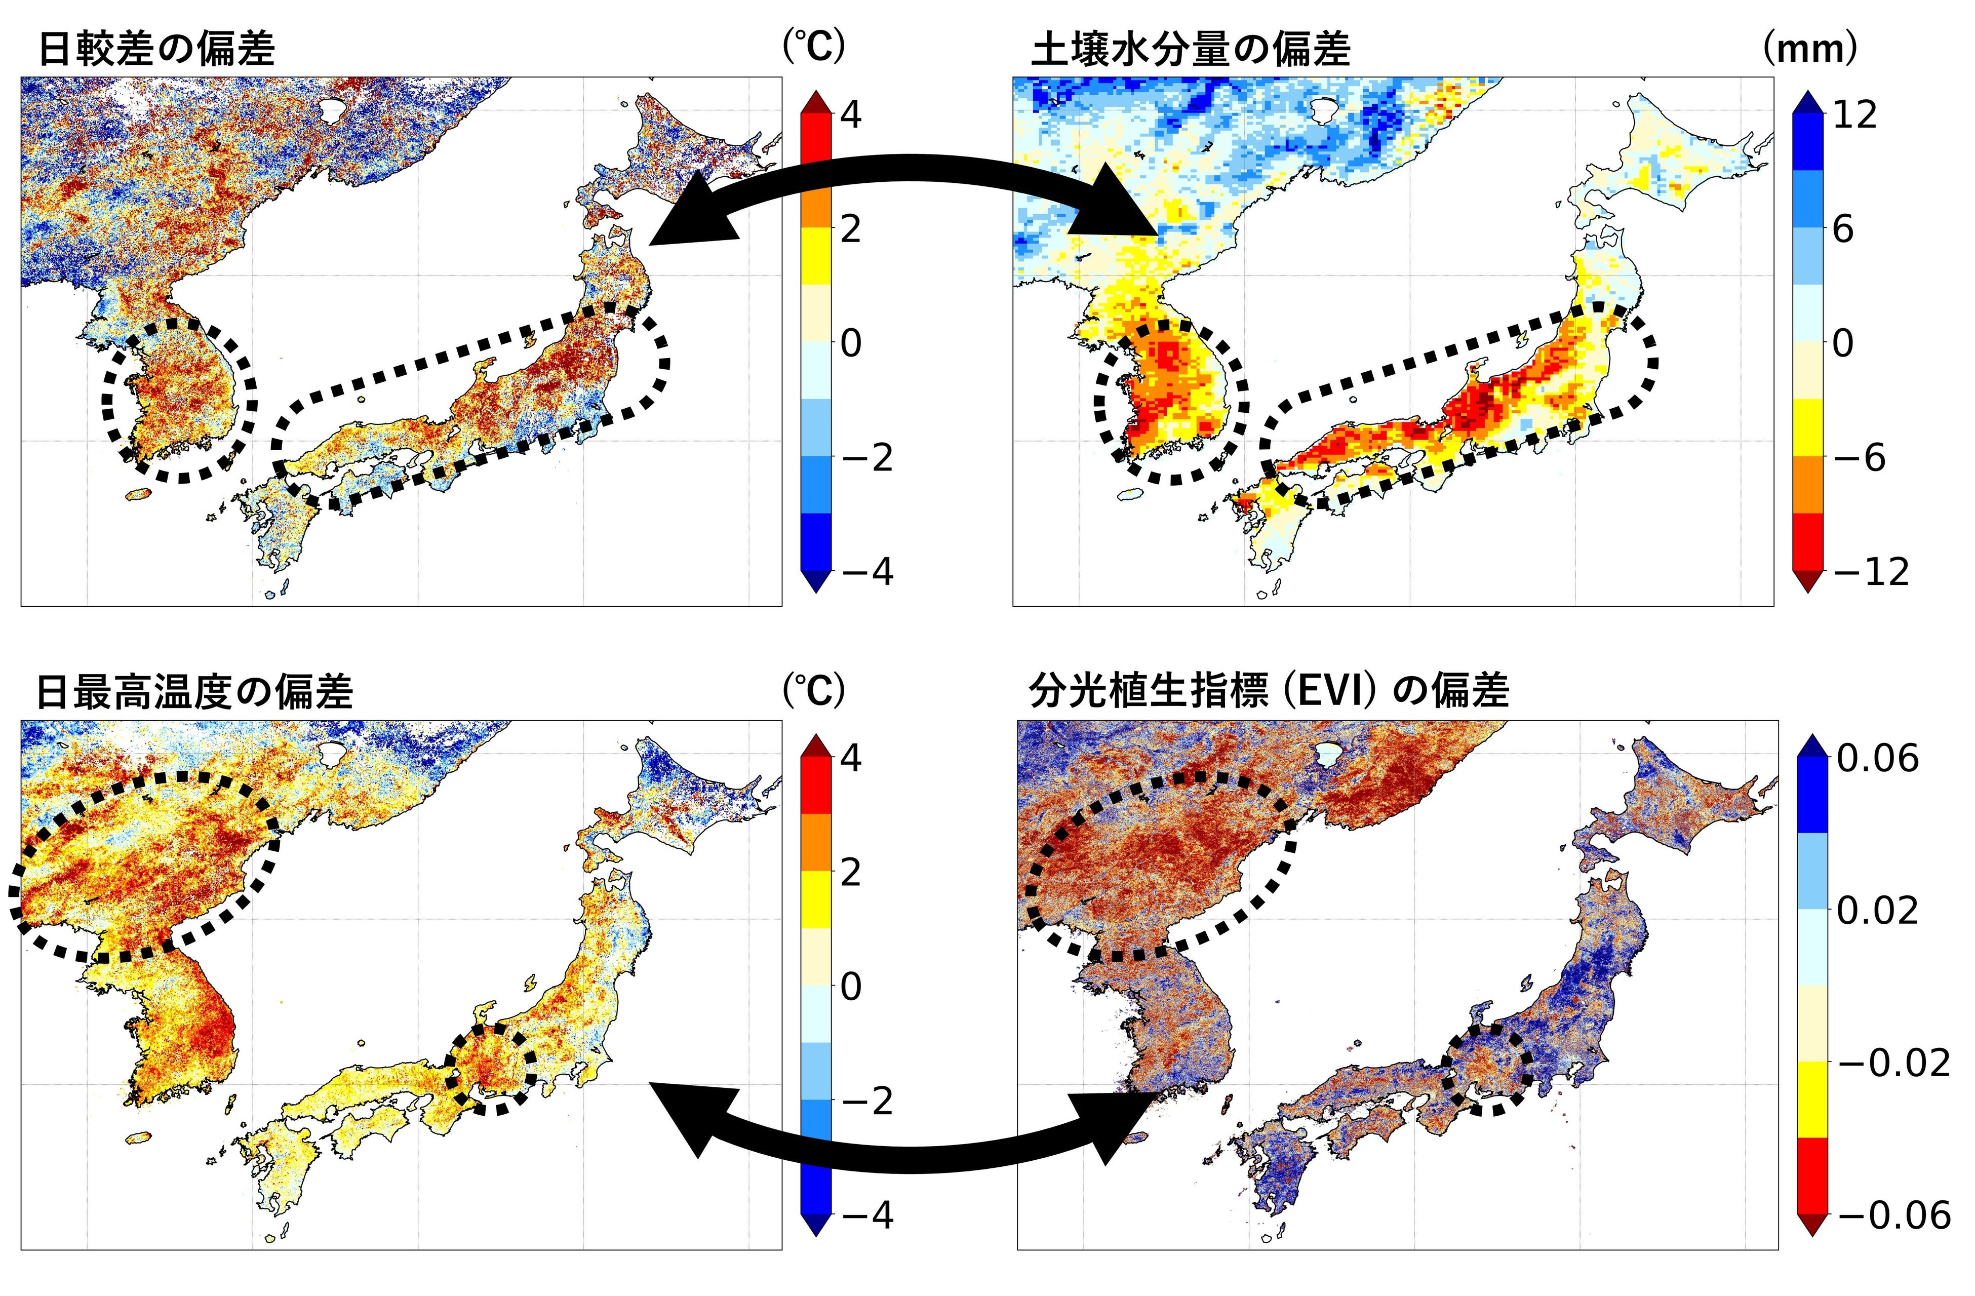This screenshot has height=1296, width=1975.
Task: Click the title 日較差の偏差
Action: [156, 50]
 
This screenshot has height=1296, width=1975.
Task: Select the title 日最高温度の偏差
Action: [195, 692]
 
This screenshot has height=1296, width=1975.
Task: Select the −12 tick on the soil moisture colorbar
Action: [1871, 572]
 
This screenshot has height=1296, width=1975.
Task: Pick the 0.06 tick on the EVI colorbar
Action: [1877, 758]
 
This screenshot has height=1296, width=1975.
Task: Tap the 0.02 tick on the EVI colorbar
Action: [1877, 911]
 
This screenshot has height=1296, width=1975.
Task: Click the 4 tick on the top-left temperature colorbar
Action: [851, 114]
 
